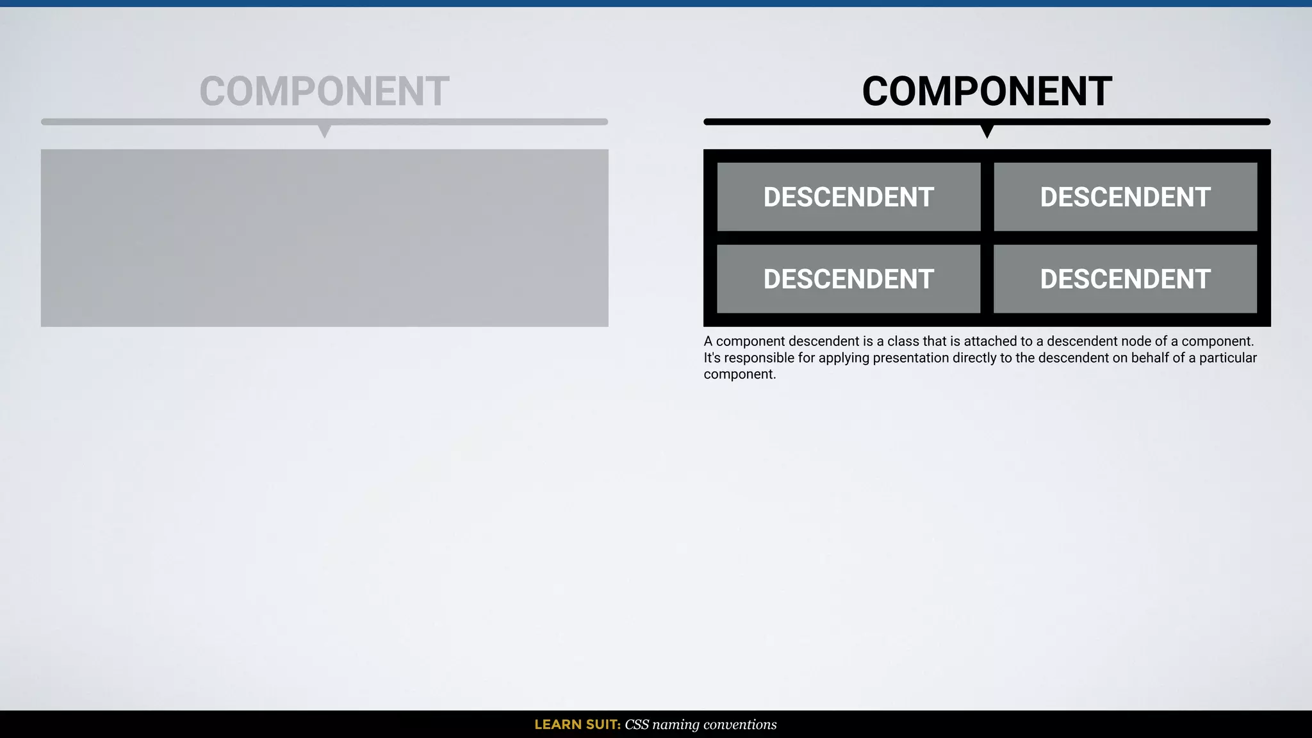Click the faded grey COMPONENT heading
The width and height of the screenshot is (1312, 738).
(x=324, y=92)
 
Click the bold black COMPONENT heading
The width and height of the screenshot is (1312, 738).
(x=987, y=92)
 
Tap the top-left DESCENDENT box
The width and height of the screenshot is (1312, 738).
(x=848, y=197)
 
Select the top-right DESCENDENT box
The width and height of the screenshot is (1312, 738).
(x=1125, y=197)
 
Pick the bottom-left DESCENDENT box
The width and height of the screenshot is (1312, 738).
(x=848, y=279)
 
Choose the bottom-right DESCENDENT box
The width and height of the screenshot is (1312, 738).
(x=1125, y=279)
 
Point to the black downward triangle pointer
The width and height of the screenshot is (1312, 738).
(x=987, y=131)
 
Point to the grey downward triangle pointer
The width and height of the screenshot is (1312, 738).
(x=325, y=131)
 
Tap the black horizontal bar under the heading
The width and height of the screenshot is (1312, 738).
(x=833, y=122)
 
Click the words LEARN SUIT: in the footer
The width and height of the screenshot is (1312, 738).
(x=577, y=725)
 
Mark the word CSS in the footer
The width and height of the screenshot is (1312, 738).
(x=637, y=725)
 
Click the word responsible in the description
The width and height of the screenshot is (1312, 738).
(x=759, y=358)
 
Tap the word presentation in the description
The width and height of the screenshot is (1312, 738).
(x=910, y=358)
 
